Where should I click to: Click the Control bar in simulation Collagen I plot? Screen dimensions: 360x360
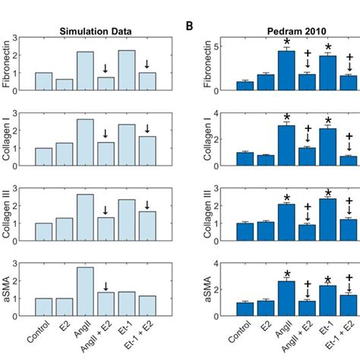(x=44, y=156)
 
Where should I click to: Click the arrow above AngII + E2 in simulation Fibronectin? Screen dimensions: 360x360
(x=106, y=68)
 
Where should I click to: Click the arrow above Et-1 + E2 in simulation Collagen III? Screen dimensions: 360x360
(x=147, y=204)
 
